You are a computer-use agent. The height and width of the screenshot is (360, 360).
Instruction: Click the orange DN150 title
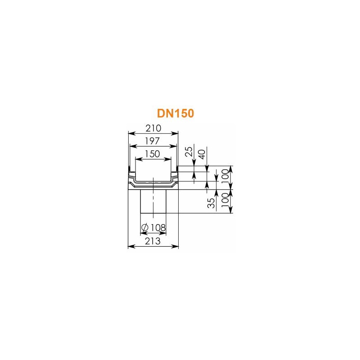(175, 113)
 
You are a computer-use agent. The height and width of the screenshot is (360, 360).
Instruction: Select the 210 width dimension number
(153, 128)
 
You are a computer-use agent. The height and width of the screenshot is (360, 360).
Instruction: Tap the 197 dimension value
(152, 141)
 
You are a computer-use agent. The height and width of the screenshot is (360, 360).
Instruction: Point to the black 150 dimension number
(153, 154)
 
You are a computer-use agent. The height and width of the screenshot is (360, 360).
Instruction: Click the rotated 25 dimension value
(189, 151)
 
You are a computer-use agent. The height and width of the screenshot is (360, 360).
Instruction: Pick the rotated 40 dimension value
(202, 154)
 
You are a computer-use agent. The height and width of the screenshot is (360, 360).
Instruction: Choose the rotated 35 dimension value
(211, 203)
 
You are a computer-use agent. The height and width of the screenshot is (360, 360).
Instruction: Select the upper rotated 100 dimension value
(225, 176)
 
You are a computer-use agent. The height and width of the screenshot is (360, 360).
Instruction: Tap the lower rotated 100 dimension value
(225, 200)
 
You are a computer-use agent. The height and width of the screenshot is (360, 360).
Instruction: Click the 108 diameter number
(158, 228)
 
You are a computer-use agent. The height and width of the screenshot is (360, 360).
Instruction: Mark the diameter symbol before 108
(145, 228)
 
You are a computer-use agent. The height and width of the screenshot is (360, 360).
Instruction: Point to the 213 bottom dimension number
(153, 241)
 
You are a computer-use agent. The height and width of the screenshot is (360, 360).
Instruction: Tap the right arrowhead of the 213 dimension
(175, 246)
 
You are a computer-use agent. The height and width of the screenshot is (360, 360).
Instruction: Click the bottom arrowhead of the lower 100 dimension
(231, 210)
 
